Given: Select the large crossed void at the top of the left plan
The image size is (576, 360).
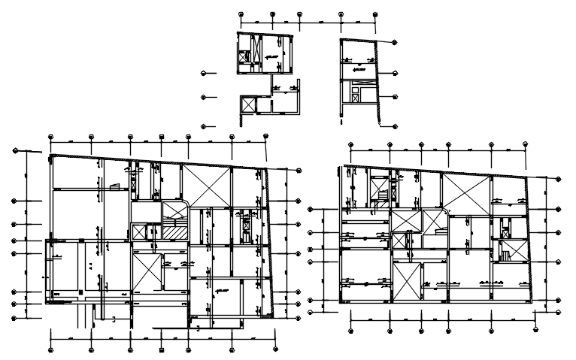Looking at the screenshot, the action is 205,185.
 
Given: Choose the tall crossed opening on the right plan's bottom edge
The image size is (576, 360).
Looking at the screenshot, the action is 406,283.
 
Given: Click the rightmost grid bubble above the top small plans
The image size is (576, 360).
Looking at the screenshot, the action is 373,14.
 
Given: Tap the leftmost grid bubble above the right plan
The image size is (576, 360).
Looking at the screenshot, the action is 350,146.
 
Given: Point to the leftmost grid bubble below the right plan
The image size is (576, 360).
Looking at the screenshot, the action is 351,328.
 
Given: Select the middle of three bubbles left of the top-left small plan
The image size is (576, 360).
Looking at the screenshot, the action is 205,97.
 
